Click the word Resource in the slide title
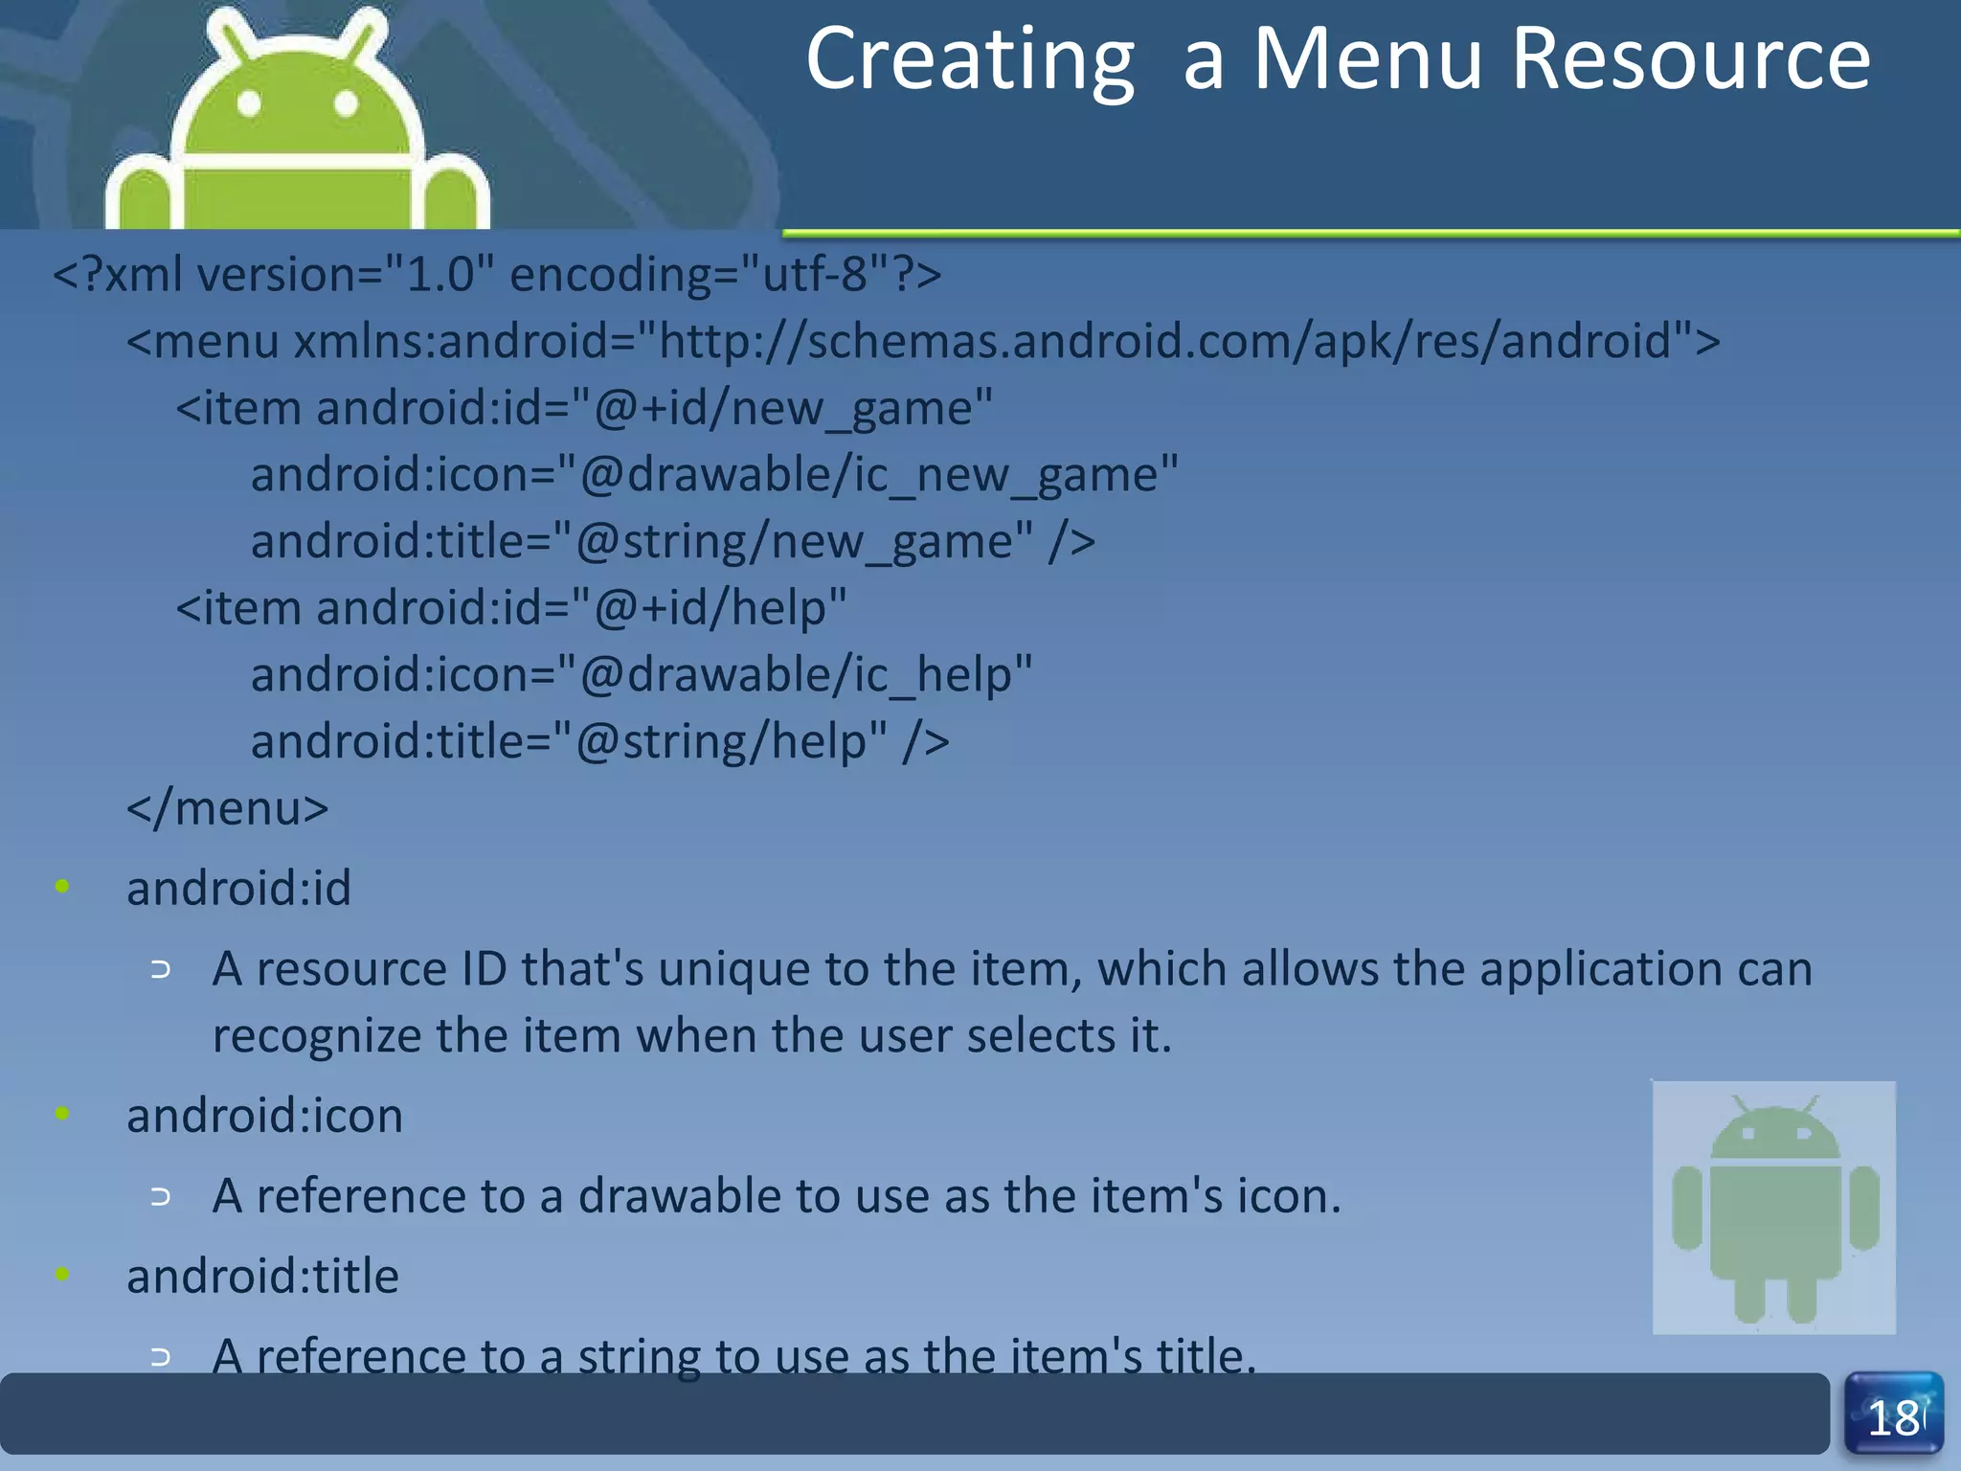coord(1690,59)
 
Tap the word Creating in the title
coord(970,59)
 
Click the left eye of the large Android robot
coord(249,103)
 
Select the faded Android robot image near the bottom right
coord(1773,1208)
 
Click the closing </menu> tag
coord(228,808)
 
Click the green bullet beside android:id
coord(62,886)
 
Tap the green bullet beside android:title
coord(62,1274)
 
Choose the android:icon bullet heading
coord(264,1116)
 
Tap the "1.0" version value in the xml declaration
coord(440,275)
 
